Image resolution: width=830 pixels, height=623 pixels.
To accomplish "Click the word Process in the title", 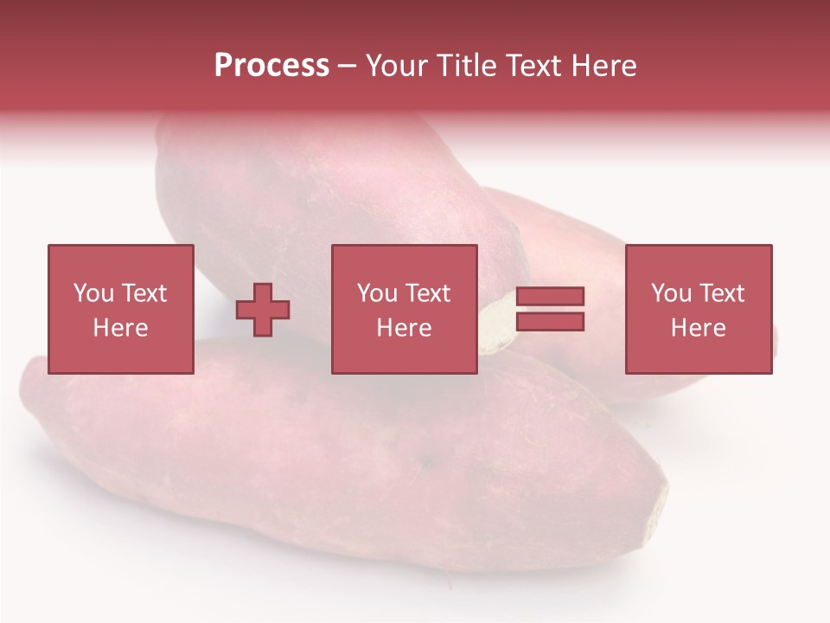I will pyautogui.click(x=271, y=66).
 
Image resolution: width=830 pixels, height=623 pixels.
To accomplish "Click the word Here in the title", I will pyautogui.click(x=604, y=66).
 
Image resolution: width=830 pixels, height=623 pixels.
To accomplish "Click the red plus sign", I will pyautogui.click(x=263, y=309).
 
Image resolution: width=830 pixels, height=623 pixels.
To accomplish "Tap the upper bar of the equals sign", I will pyautogui.click(x=550, y=297).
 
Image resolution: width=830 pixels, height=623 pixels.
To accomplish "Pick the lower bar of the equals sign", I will pyautogui.click(x=550, y=321).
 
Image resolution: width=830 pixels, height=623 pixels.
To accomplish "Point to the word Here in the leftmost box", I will pyautogui.click(x=120, y=328).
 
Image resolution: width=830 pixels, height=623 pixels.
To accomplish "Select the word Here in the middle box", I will pyautogui.click(x=404, y=328).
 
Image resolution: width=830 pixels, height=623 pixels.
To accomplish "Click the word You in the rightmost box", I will pyautogui.click(x=671, y=293).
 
